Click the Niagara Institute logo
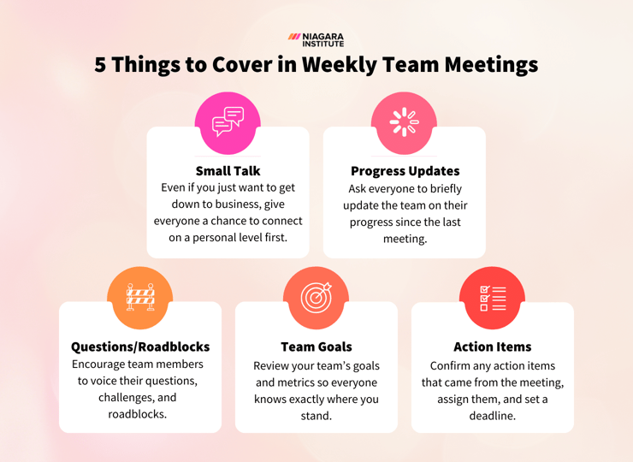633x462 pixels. coord(316,39)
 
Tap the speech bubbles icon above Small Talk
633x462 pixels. coord(228,122)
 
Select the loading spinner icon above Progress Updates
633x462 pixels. coord(404,122)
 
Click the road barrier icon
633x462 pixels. coord(140,298)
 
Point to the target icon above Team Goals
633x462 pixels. coord(316,298)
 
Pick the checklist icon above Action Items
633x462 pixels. coord(493,298)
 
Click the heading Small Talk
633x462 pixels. coord(228,171)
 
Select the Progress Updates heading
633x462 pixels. coord(405,171)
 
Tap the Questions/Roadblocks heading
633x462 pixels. coord(140,346)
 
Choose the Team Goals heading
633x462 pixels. coord(316,346)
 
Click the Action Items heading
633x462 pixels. coord(493,346)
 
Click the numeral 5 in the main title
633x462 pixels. coord(101,65)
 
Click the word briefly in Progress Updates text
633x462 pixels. coord(439,189)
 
